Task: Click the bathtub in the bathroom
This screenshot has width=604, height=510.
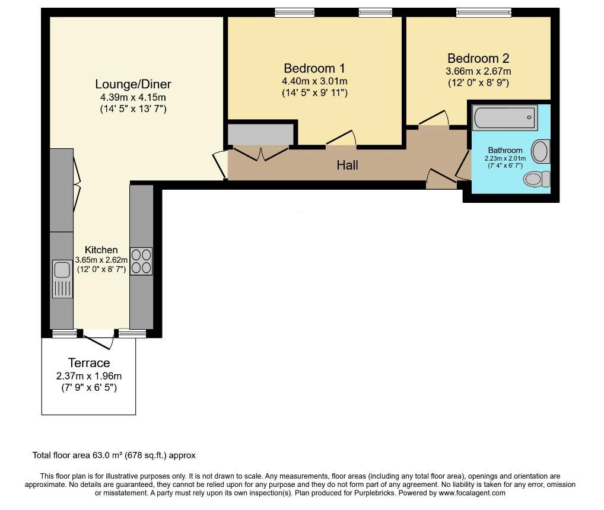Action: (505, 117)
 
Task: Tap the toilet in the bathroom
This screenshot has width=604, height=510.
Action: (537, 179)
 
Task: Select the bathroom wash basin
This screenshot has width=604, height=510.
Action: (541, 151)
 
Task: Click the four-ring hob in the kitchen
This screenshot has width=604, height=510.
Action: (141, 261)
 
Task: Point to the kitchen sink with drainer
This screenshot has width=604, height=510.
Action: (62, 279)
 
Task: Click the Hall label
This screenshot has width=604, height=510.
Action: (348, 165)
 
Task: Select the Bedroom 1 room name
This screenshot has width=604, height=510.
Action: (314, 69)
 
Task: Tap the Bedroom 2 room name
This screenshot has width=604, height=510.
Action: (478, 59)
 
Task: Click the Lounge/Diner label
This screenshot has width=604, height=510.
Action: (133, 84)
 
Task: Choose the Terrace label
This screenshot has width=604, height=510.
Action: (89, 363)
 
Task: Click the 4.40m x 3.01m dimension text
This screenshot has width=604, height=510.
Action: (314, 81)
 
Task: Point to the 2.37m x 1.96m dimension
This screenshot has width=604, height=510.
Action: (89, 376)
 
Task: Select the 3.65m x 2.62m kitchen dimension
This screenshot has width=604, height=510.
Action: (101, 260)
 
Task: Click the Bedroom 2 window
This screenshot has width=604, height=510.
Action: (484, 13)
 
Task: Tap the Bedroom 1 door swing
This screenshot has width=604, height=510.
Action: (341, 138)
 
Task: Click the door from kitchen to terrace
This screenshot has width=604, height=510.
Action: (98, 340)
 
